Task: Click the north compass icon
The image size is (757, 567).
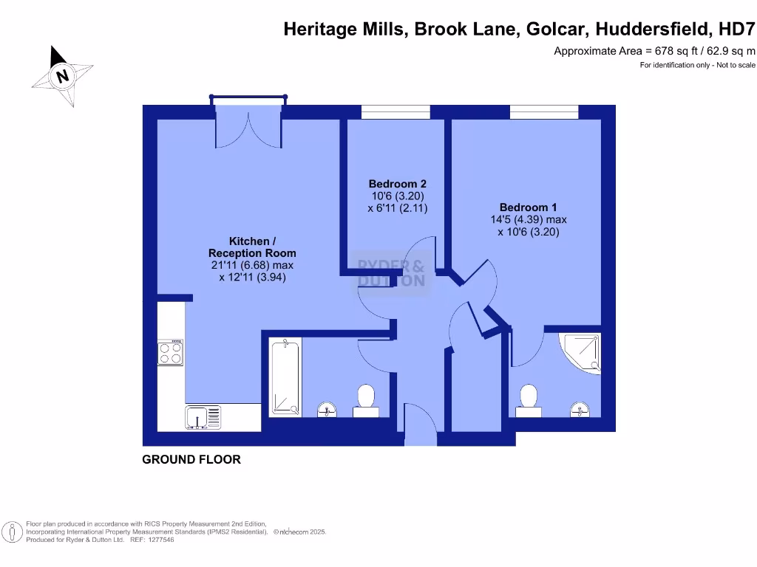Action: point(63,75)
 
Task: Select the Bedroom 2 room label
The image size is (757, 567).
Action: point(398,184)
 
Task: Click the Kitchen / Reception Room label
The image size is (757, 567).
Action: point(252,247)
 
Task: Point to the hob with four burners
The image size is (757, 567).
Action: point(170,351)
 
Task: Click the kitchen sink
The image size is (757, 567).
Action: point(203,417)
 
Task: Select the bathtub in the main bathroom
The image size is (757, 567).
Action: point(284,377)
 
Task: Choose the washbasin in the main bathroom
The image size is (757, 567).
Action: point(327,408)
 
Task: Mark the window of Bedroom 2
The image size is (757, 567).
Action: point(396,111)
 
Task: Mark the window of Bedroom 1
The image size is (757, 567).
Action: point(544,111)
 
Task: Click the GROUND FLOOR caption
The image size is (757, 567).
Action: point(191,459)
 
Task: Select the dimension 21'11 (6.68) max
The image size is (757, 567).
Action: point(252,265)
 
